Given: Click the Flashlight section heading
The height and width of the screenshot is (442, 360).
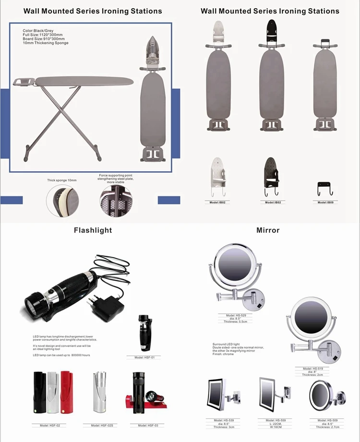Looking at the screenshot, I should [93, 230].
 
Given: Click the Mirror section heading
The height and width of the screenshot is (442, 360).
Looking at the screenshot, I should [268, 230].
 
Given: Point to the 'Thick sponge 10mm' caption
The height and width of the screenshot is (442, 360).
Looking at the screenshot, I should [62, 180].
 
